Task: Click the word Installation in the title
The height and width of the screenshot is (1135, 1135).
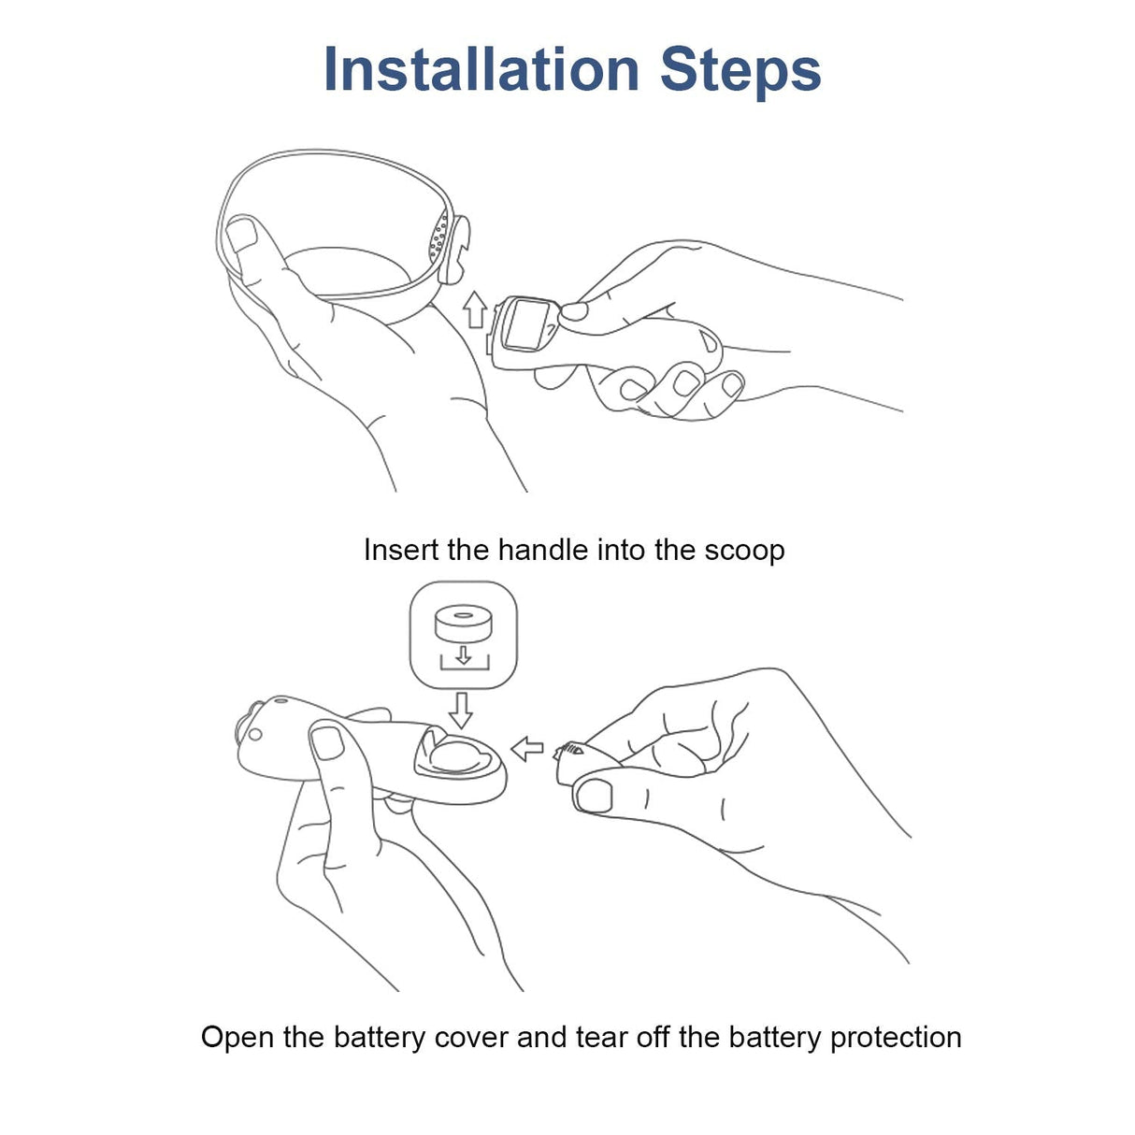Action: click(x=481, y=69)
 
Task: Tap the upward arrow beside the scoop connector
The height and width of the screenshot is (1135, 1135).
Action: click(x=474, y=309)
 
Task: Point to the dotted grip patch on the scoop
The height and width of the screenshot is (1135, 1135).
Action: click(x=438, y=238)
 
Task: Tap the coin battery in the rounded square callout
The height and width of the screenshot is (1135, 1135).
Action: click(x=463, y=623)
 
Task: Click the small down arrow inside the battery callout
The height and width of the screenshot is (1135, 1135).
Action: click(x=464, y=654)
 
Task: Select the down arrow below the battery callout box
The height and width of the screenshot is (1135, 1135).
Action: click(x=460, y=711)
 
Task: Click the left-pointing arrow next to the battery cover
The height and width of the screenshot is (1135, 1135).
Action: click(x=526, y=750)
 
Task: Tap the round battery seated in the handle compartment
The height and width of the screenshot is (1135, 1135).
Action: click(x=455, y=757)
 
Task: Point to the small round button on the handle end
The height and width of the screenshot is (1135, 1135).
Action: click(x=255, y=735)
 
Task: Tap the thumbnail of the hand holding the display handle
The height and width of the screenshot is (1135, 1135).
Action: click(x=574, y=310)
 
